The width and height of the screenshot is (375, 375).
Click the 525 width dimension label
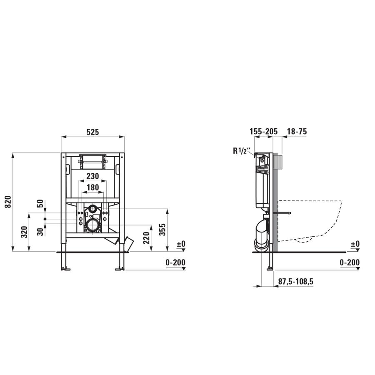click(x=92, y=132)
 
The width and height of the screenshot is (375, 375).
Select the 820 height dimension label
click(x=8, y=202)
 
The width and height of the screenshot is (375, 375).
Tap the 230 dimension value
click(x=92, y=176)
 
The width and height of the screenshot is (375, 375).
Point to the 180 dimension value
click(x=92, y=187)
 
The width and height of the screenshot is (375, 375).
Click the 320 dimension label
click(x=24, y=232)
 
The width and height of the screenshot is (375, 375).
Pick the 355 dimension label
click(x=162, y=230)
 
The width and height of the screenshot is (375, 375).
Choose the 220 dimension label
click(x=146, y=238)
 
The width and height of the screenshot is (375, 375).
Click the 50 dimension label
click(x=40, y=203)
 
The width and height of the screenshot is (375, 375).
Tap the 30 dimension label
click(x=40, y=232)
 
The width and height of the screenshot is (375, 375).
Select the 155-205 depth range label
click(x=264, y=132)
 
